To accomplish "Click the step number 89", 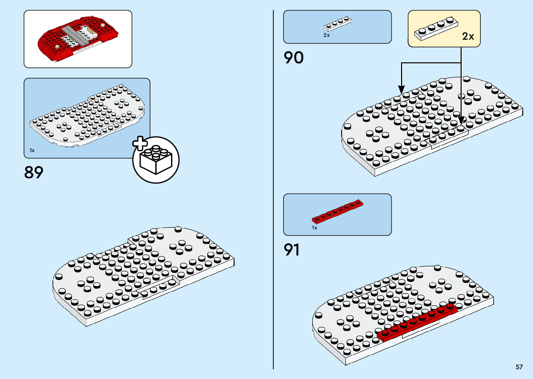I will click(34, 172).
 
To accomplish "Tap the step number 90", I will click(293, 58).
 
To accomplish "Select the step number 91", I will click(291, 250).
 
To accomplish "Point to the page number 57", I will click(519, 367).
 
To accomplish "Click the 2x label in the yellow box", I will click(468, 36).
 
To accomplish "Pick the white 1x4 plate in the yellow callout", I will click(436, 29).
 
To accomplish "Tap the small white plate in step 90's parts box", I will click(337, 24).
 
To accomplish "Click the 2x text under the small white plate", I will click(326, 35).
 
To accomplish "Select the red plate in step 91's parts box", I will click(337, 211).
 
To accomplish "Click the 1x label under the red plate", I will click(314, 228).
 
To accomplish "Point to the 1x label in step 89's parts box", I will click(32, 151).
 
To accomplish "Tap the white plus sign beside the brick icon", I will click(140, 143).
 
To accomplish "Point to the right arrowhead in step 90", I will click(461, 120).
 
